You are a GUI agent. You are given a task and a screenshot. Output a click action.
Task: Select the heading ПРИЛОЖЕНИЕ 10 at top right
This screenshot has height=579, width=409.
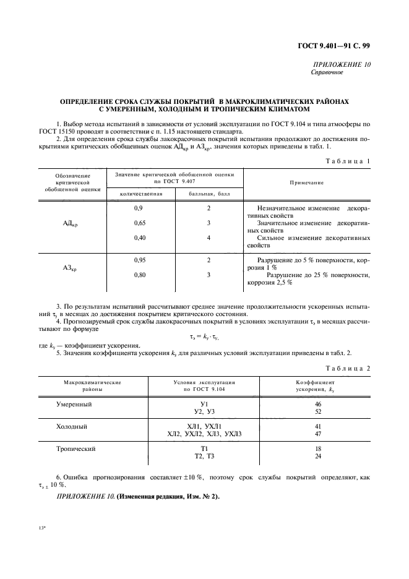pyautogui.click(x=342, y=64)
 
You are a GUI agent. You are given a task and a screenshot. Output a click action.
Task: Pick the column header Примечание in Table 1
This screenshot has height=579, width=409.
pyautogui.click(x=306, y=183)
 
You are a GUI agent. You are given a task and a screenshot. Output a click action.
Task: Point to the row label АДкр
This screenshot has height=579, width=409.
pyautogui.click(x=69, y=224)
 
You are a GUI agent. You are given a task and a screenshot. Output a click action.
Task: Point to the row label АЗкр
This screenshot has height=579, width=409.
pyautogui.click(x=69, y=268)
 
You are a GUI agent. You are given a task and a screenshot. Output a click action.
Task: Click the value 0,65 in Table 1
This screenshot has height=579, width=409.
pyautogui.click(x=139, y=223)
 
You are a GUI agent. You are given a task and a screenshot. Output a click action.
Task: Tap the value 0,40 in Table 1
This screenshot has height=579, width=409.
pyautogui.click(x=139, y=238)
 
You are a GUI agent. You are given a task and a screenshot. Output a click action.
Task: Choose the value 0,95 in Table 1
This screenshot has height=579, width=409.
pyautogui.click(x=139, y=260)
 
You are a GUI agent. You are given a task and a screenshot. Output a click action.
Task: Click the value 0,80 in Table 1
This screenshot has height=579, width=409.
pyautogui.click(x=139, y=275)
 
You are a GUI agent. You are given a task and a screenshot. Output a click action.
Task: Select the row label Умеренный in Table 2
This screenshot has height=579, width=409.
pyautogui.click(x=74, y=404)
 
